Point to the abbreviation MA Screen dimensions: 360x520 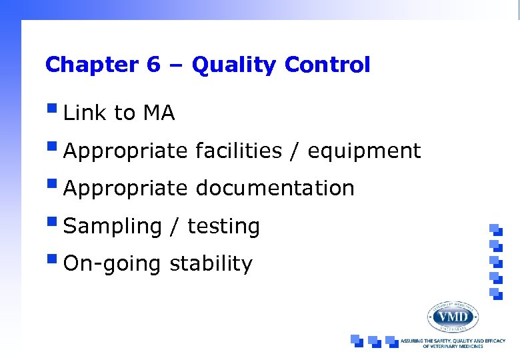[x=159, y=114]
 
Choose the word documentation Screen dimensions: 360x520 [x=275, y=189]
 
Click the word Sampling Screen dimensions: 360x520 [x=112, y=227]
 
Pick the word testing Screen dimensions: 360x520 [x=223, y=227]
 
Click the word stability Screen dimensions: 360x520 [x=211, y=264]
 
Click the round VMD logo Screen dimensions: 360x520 [x=453, y=315]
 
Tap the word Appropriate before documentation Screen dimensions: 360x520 [x=125, y=189]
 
